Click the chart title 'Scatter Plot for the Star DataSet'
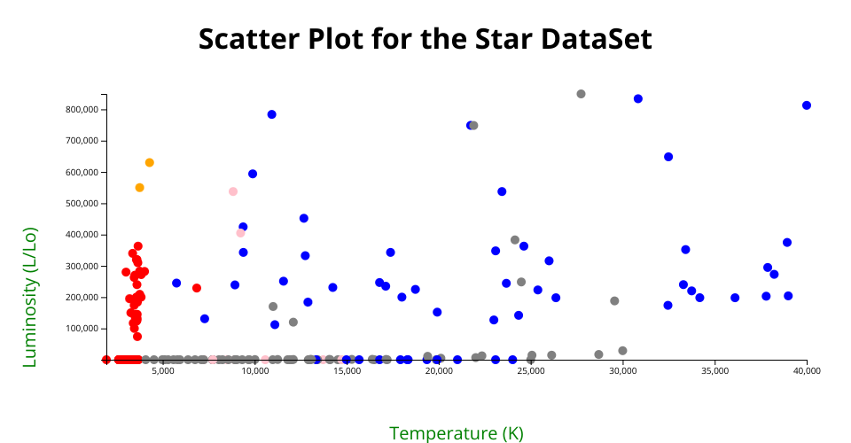[425, 39]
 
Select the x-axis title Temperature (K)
[457, 433]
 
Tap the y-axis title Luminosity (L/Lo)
[29, 297]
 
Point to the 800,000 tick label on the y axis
[82, 110]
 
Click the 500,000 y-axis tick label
[82, 203]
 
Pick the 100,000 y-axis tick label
[82, 329]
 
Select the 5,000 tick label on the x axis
[163, 371]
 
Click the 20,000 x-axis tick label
[439, 371]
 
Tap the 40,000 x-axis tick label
[807, 371]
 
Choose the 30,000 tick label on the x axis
[622, 371]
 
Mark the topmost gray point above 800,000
[581, 94]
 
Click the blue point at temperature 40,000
[807, 105]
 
